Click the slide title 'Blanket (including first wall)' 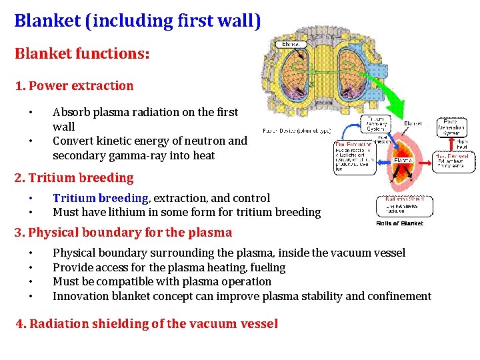[137, 20]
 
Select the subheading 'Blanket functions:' [82, 53]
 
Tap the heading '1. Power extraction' [74, 85]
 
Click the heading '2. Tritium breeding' [74, 177]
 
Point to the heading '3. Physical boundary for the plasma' [123, 232]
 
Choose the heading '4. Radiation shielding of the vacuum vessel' [147, 323]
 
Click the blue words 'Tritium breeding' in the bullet [100, 198]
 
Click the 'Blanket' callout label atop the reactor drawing [291, 44]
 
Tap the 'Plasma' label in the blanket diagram [403, 160]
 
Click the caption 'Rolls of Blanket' [400, 223]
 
